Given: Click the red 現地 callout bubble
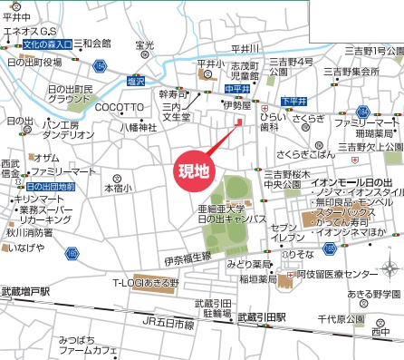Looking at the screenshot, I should coord(191,170).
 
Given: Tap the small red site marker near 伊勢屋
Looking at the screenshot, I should coord(239,122).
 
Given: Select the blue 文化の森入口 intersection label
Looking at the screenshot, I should coord(47,44).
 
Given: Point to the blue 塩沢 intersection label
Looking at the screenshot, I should coord(135,80).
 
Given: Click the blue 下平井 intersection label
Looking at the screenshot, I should coord(293,101).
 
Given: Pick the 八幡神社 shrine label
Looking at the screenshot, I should coord(139,128).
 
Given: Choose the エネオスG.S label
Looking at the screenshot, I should coord(33,31).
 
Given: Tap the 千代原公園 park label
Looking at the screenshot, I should coord(340,320).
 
